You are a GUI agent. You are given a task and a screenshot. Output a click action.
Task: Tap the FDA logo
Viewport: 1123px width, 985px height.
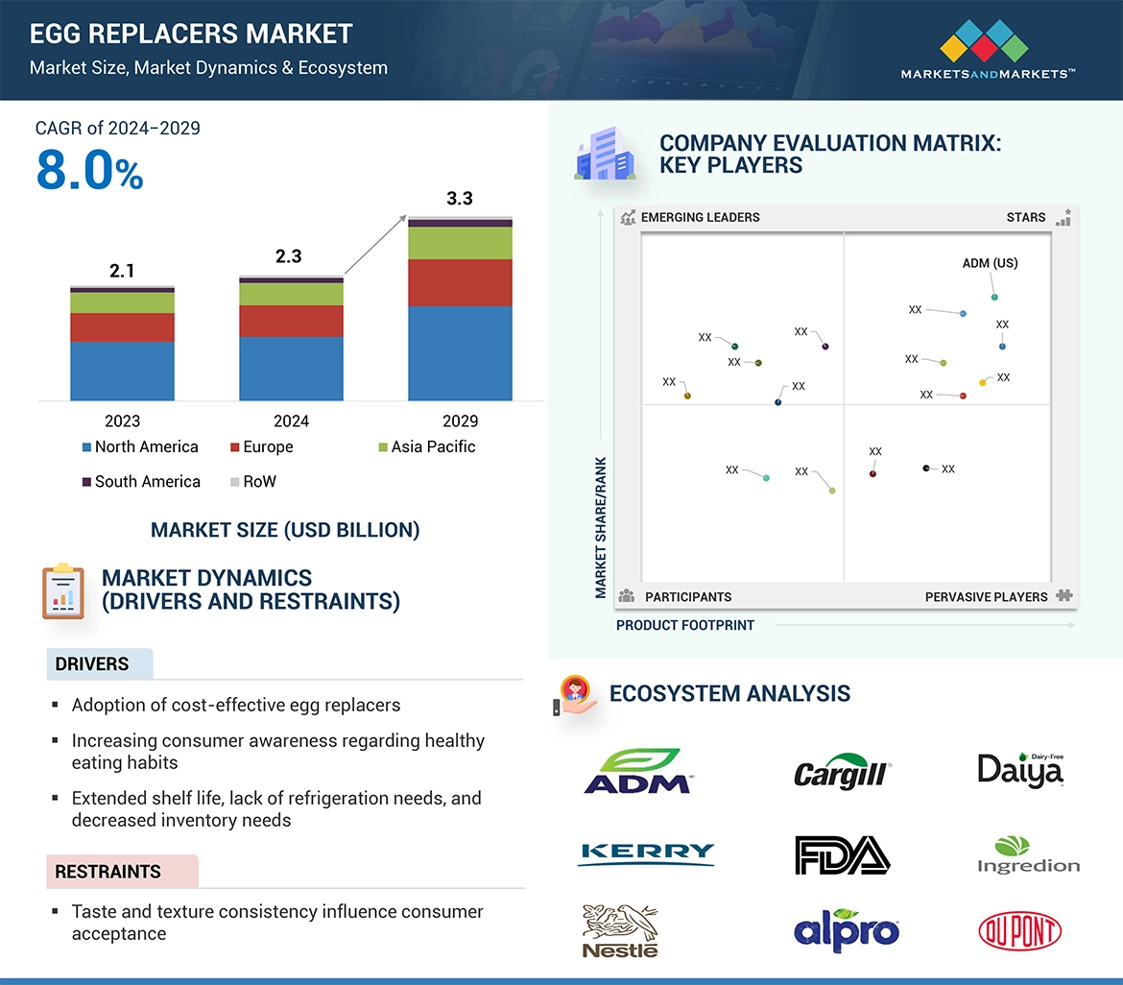click(x=842, y=854)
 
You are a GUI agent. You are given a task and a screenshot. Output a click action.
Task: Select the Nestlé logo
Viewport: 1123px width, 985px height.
click(x=621, y=930)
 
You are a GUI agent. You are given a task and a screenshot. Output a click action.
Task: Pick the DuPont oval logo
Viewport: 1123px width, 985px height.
click(x=1019, y=931)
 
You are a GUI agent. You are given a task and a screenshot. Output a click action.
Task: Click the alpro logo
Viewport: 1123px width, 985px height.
click(x=847, y=931)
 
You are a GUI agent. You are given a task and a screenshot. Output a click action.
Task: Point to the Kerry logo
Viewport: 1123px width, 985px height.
click(x=646, y=853)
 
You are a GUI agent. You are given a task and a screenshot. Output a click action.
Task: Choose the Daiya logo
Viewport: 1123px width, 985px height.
click(x=1020, y=770)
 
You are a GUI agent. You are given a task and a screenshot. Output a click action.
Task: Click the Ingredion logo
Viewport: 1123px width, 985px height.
click(x=1028, y=855)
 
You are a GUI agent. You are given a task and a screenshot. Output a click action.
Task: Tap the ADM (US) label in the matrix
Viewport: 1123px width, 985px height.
click(x=990, y=263)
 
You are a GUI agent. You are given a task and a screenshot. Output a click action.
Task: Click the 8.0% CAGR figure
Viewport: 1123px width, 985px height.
click(x=89, y=173)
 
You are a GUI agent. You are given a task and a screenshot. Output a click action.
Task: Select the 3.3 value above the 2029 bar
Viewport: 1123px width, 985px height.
click(x=460, y=199)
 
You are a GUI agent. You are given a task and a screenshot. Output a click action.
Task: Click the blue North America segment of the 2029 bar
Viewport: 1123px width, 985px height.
click(x=460, y=352)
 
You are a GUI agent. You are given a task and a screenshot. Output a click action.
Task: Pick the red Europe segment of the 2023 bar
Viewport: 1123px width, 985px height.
click(x=122, y=327)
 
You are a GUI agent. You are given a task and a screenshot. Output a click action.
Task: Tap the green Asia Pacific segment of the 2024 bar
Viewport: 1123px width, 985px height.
click(x=291, y=294)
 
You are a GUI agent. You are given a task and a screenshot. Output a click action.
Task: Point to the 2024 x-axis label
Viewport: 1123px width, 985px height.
click(x=291, y=420)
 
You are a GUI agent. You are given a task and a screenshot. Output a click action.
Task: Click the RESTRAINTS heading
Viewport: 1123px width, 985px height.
click(x=108, y=872)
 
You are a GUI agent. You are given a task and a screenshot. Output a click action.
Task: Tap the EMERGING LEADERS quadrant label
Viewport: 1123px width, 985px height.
click(x=700, y=217)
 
